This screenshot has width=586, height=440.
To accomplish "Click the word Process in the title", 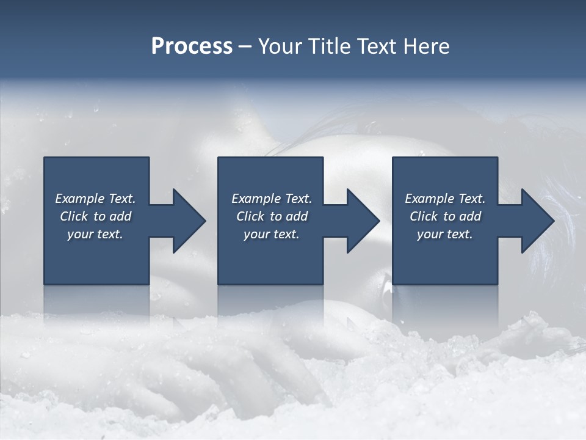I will [x=192, y=46].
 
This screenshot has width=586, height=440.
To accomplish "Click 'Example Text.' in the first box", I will [x=95, y=199].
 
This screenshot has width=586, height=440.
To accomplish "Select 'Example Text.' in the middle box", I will [x=272, y=199].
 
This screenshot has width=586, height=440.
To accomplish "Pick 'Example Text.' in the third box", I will [x=445, y=199].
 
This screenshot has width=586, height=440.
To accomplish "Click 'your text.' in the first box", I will [x=95, y=234].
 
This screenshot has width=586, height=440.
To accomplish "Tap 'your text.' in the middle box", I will [x=272, y=234].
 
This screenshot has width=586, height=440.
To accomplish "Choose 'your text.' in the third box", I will [x=445, y=234].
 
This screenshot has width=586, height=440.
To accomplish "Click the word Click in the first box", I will [x=74, y=216].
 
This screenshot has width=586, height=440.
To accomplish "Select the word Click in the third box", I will [x=424, y=216].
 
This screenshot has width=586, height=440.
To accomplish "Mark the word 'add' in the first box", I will [x=120, y=216].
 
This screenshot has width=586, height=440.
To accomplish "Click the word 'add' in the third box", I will [x=470, y=216].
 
